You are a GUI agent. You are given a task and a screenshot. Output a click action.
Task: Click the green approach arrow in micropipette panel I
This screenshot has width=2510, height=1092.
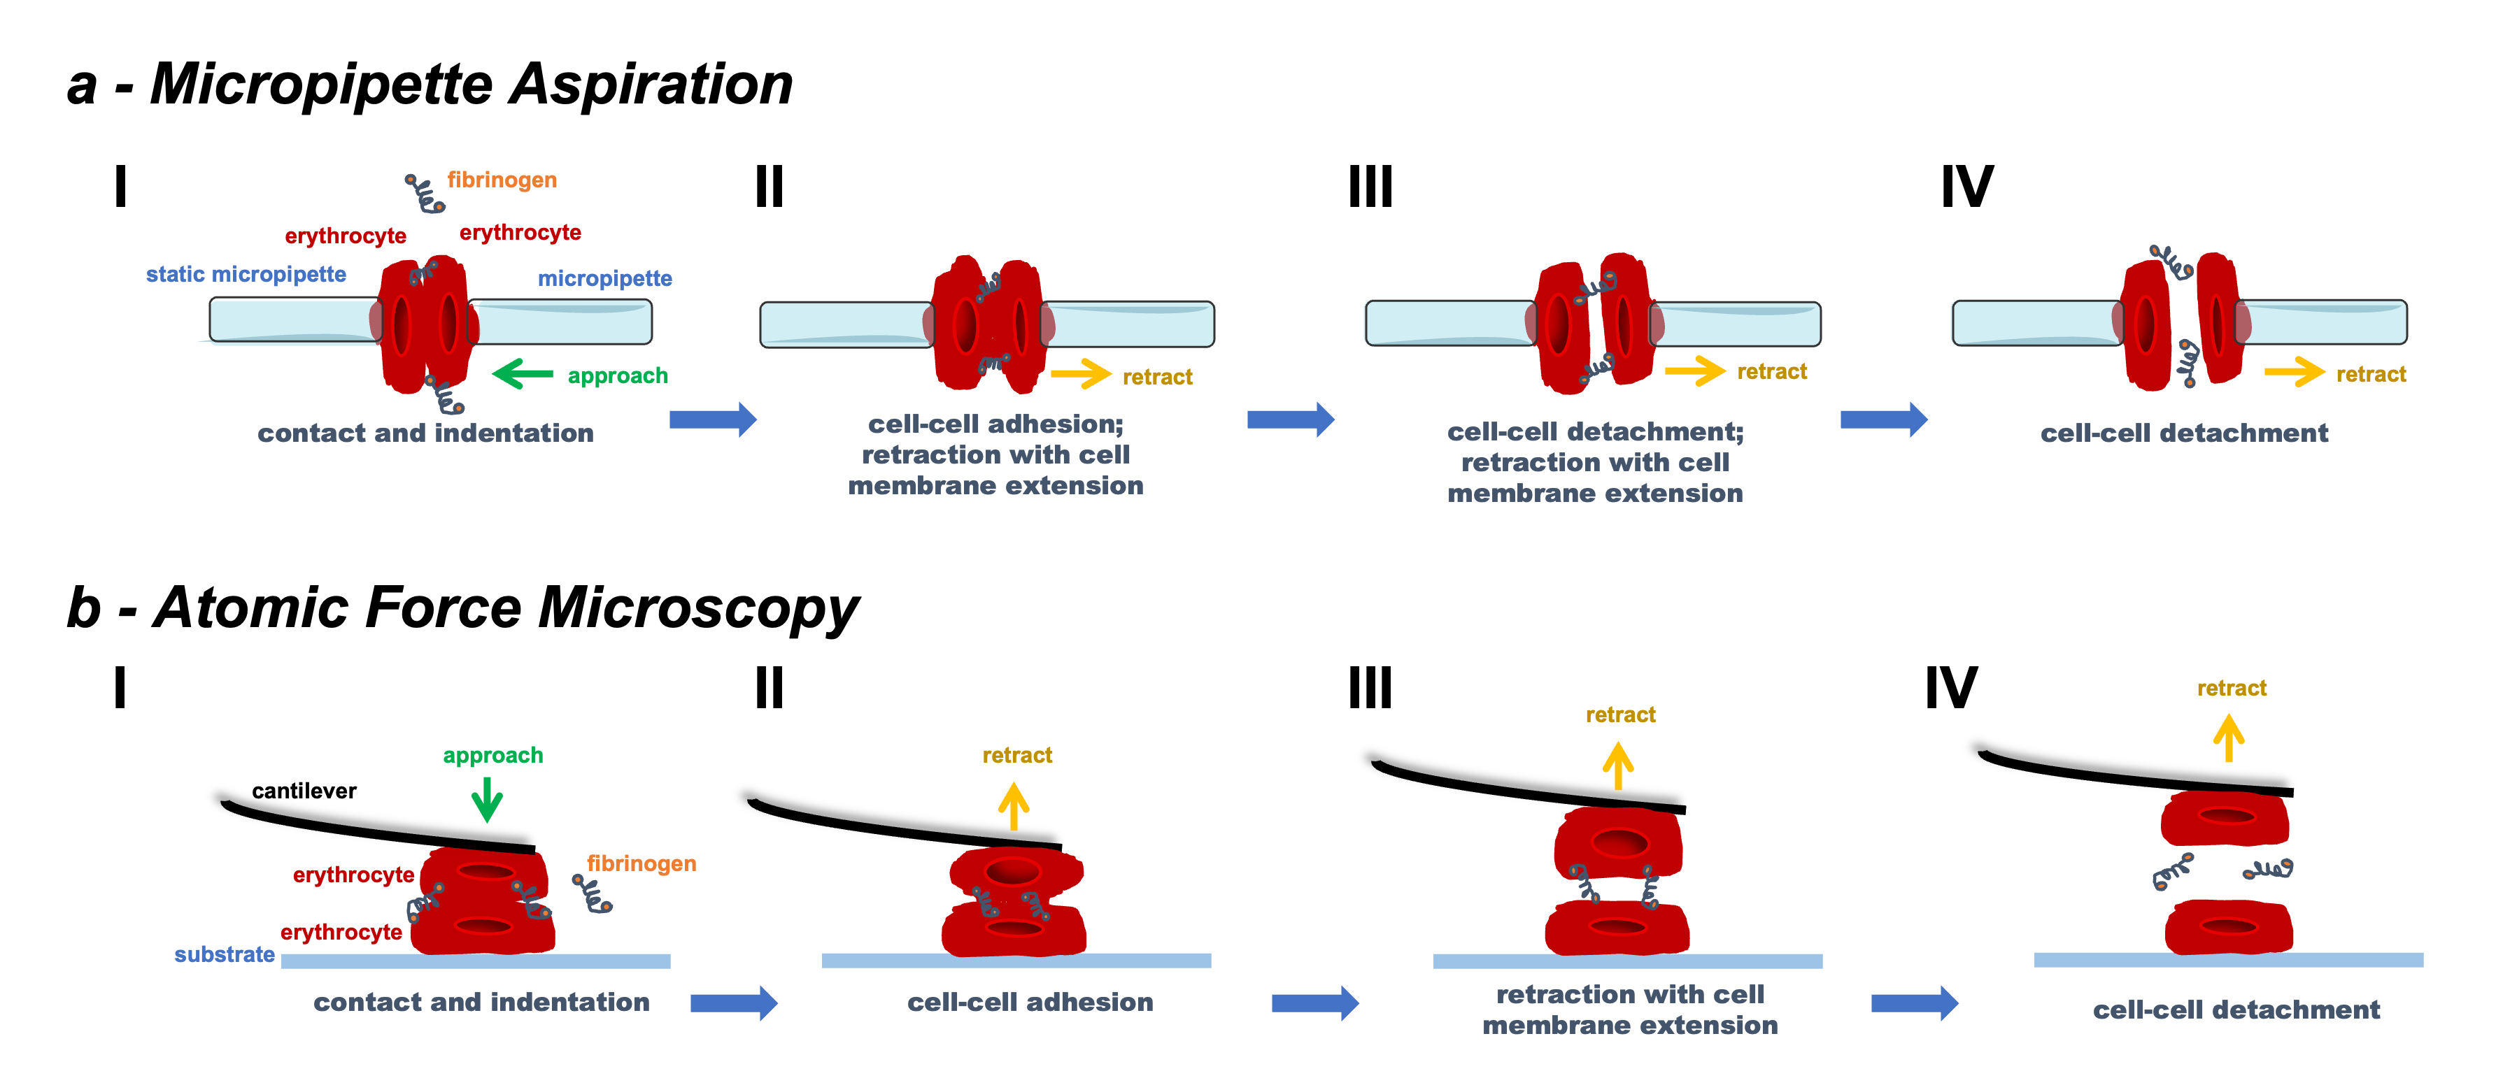pyautogui.click(x=523, y=373)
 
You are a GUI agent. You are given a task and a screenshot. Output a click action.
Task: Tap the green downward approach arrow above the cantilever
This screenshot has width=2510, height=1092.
pyautogui.click(x=487, y=800)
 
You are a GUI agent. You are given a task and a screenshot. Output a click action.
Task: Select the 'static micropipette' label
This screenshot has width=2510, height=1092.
pyautogui.click(x=246, y=274)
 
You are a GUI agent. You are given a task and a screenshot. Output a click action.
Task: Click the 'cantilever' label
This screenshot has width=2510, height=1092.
pyautogui.click(x=304, y=790)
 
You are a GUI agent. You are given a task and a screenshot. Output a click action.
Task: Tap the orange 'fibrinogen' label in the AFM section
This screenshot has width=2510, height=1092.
pyautogui.click(x=641, y=863)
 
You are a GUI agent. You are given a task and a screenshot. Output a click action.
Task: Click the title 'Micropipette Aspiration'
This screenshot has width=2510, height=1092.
pyautogui.click(x=471, y=84)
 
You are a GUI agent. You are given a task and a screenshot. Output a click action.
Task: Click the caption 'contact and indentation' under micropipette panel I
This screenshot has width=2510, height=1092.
pyautogui.click(x=426, y=433)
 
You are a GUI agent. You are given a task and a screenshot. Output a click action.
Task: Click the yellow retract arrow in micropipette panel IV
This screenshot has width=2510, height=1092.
pyautogui.click(x=2295, y=371)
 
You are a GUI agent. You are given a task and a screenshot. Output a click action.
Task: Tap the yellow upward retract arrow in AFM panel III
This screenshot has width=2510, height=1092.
pyautogui.click(x=1619, y=766)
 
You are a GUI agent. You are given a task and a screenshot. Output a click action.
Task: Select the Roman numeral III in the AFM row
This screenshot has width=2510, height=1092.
pyautogui.click(x=1370, y=688)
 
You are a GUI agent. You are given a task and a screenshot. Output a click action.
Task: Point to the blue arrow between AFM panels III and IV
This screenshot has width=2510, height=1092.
pyautogui.click(x=1915, y=1003)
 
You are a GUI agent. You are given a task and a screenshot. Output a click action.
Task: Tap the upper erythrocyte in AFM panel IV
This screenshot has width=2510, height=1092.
pyautogui.click(x=2225, y=817)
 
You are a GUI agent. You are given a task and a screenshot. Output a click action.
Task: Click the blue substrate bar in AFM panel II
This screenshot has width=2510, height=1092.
pyautogui.click(x=1016, y=961)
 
